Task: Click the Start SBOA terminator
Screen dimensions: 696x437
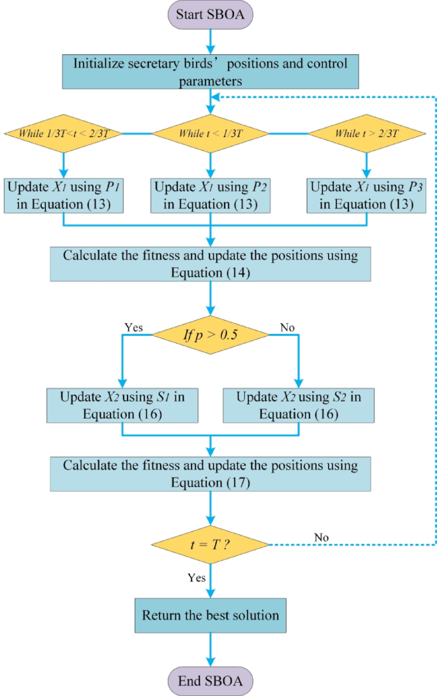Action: coord(211,15)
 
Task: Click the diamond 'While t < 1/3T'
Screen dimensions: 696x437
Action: coord(211,134)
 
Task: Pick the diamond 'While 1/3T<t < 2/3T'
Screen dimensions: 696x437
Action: coord(63,134)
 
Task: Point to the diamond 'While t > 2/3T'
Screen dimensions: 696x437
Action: coord(367,134)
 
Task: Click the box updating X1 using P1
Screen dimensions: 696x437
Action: coord(63,196)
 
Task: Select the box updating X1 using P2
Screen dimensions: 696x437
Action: coord(211,196)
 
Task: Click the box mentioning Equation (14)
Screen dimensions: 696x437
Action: coord(211,263)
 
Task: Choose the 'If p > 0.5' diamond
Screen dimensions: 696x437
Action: coord(211,333)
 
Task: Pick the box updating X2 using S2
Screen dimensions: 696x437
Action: coord(299,404)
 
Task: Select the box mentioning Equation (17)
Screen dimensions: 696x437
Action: coord(211,472)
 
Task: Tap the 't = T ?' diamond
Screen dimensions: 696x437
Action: coord(211,545)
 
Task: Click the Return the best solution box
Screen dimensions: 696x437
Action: coord(211,615)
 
